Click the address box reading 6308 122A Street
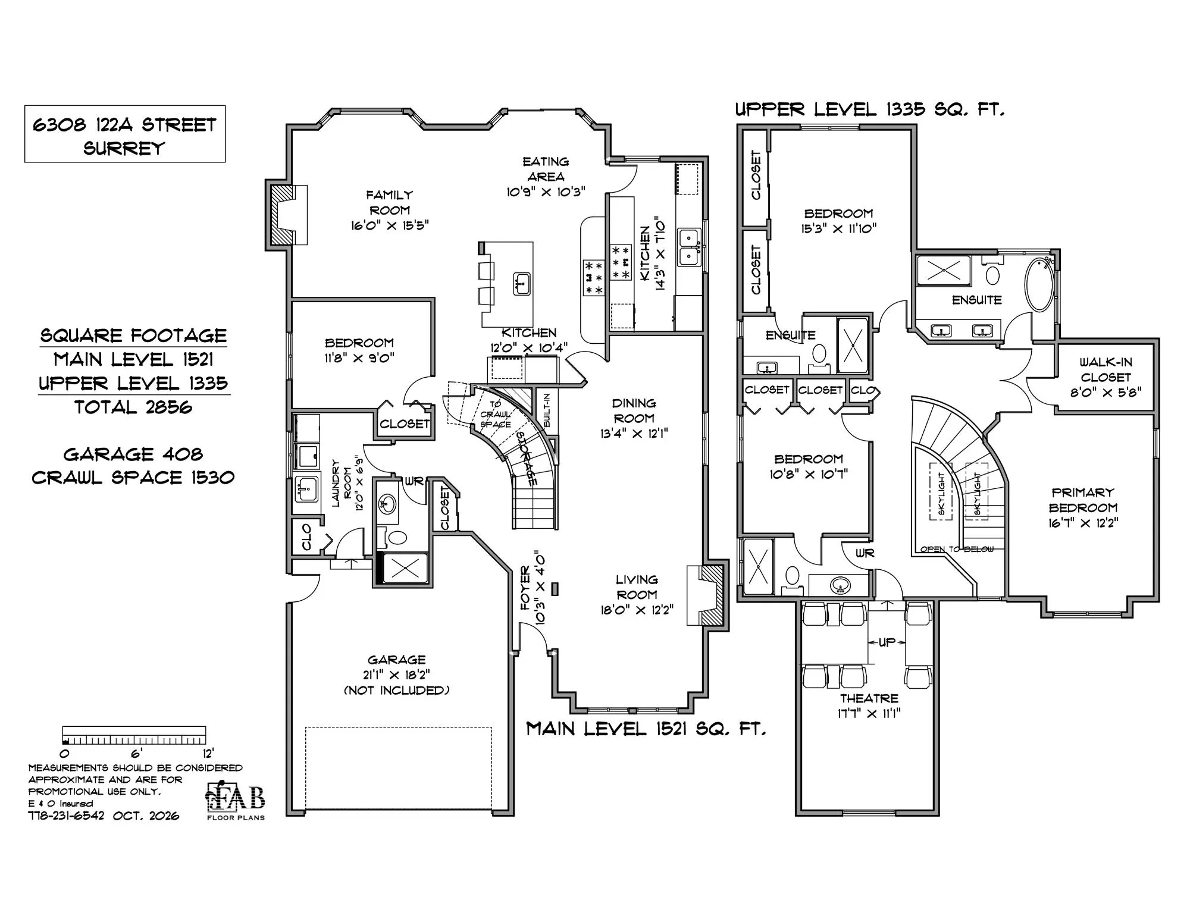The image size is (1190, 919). [125, 134]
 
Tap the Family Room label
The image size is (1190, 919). [389, 202]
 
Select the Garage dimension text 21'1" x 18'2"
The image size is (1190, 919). [396, 675]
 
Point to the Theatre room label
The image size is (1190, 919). [869, 698]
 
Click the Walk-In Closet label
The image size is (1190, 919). [1106, 369]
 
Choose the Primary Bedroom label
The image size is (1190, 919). [1083, 500]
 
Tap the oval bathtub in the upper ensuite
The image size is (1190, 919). [1039, 284]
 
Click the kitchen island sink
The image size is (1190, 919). [522, 283]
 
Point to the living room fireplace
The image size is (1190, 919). [707, 595]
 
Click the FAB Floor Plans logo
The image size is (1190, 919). [236, 800]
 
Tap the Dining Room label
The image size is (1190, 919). [634, 410]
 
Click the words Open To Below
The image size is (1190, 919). [957, 549]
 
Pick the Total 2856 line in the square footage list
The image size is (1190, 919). [133, 407]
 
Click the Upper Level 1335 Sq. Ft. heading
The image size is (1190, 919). [869, 109]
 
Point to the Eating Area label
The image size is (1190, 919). [546, 169]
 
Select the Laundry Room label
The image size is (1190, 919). [342, 482]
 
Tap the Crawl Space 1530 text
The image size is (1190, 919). [133, 478]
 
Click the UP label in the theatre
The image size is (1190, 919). [887, 642]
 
